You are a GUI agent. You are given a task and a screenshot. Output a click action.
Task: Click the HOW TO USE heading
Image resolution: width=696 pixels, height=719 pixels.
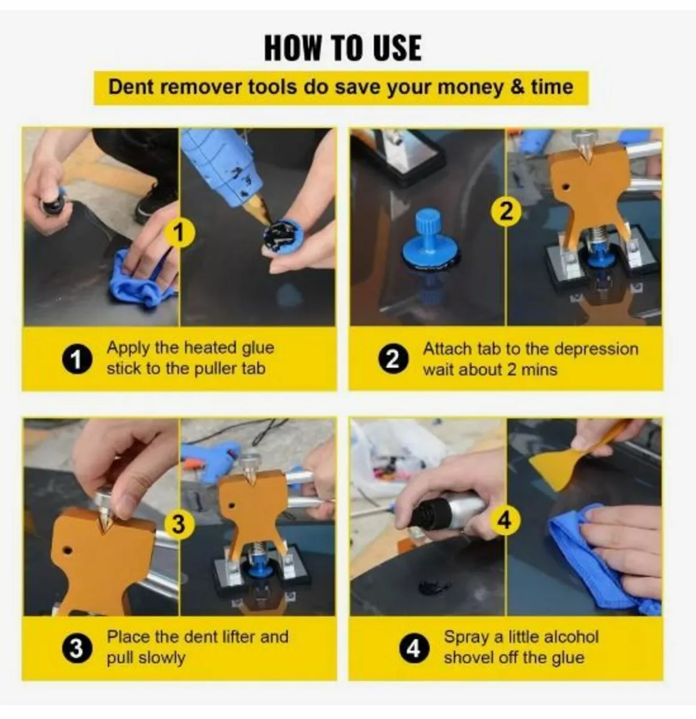(343, 48)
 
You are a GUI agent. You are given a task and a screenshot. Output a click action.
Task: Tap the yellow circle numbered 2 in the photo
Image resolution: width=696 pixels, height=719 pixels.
(506, 212)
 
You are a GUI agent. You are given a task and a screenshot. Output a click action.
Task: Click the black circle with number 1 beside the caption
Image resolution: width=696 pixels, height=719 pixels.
(77, 359)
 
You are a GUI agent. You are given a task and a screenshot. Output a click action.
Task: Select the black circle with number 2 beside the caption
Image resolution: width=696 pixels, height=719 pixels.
(393, 359)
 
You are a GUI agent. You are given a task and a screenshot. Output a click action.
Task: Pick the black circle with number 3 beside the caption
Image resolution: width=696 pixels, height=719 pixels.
(77, 648)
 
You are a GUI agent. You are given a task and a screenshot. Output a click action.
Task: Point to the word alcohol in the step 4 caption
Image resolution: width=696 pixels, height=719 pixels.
(569, 637)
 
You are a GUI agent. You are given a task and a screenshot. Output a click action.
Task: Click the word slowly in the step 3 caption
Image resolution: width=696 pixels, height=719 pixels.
(162, 658)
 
